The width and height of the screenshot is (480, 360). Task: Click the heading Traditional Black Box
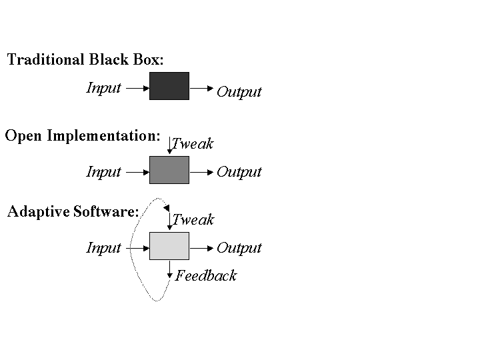(x=85, y=60)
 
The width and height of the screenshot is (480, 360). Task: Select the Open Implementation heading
(x=83, y=136)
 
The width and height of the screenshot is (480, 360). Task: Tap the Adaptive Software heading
(x=73, y=212)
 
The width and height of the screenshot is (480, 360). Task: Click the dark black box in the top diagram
(x=169, y=86)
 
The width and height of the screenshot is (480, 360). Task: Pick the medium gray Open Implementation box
(x=169, y=170)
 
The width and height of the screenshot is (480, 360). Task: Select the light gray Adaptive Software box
(x=169, y=246)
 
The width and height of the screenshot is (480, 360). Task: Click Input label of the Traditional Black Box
(x=104, y=88)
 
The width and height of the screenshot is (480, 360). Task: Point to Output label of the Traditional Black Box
(x=239, y=92)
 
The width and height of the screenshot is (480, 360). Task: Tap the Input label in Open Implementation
(x=104, y=172)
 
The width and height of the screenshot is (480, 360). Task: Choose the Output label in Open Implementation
(x=239, y=172)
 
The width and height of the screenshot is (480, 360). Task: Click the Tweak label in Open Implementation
(x=193, y=143)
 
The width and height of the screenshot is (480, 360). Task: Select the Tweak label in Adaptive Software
(x=193, y=219)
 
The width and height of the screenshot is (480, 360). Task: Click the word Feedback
(x=206, y=276)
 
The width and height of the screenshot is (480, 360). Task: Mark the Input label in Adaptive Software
(x=104, y=248)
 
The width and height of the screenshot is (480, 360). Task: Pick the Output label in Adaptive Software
(x=239, y=248)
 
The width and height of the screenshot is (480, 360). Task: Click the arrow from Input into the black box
(x=137, y=87)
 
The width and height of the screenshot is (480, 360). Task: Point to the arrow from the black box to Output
(x=201, y=87)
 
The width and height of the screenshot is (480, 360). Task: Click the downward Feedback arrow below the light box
(x=170, y=269)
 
